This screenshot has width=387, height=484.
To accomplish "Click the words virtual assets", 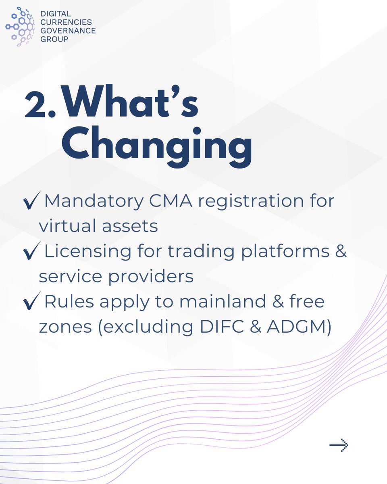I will pos(98,226).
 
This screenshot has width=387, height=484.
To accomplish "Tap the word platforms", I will pos(281,252).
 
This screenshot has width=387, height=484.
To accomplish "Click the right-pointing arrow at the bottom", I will pos(339,445).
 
